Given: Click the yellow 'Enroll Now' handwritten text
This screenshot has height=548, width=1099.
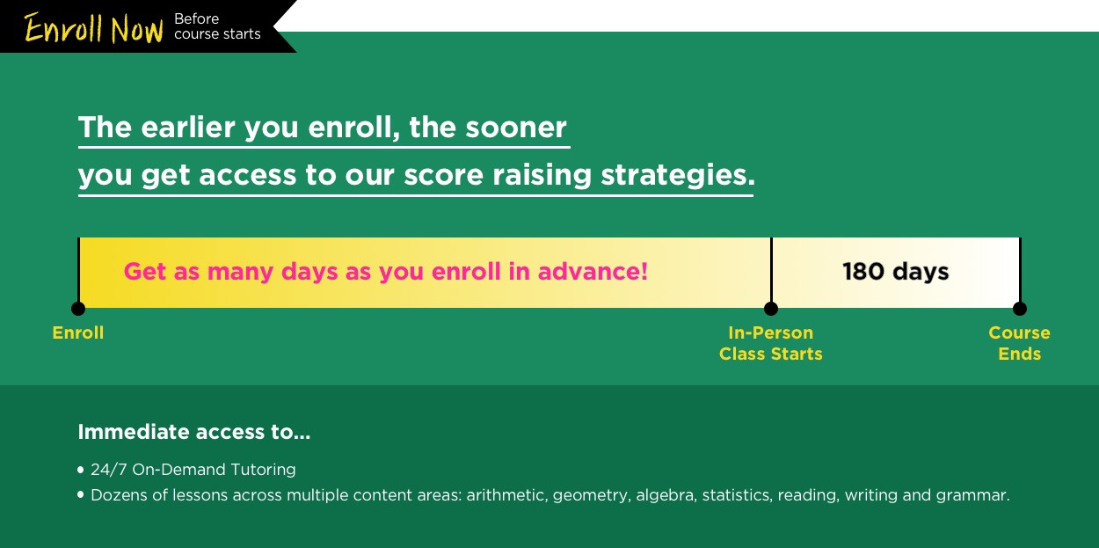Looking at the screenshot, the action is [93, 28].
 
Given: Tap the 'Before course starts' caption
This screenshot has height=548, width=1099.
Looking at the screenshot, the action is [217, 26].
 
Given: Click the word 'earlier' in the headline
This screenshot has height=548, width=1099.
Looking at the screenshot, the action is [188, 128].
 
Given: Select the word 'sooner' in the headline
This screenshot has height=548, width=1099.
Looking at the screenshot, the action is [515, 128].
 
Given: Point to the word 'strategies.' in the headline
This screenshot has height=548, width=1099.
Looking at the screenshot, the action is [678, 176].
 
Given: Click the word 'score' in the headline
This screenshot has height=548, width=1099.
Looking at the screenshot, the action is [443, 176].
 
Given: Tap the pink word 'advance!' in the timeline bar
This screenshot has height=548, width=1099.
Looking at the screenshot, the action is [593, 271].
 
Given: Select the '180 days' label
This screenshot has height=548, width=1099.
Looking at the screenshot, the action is [895, 272].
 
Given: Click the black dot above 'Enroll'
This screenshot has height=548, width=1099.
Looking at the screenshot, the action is [78, 309].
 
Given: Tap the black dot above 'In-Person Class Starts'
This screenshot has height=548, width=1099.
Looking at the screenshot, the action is [771, 309].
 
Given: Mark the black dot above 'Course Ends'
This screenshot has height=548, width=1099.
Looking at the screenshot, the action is [1020, 309].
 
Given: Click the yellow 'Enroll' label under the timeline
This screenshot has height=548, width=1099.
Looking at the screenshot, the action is [78, 332].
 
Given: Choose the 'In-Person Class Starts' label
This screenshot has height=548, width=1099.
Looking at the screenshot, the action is [771, 343].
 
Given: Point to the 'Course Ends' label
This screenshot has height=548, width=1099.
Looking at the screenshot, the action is [1020, 343].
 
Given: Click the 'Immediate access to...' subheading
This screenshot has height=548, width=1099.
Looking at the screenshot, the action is [193, 432].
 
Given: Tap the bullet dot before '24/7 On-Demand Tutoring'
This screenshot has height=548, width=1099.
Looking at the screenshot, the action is [81, 470].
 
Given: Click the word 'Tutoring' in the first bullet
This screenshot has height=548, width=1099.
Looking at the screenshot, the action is [263, 470].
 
